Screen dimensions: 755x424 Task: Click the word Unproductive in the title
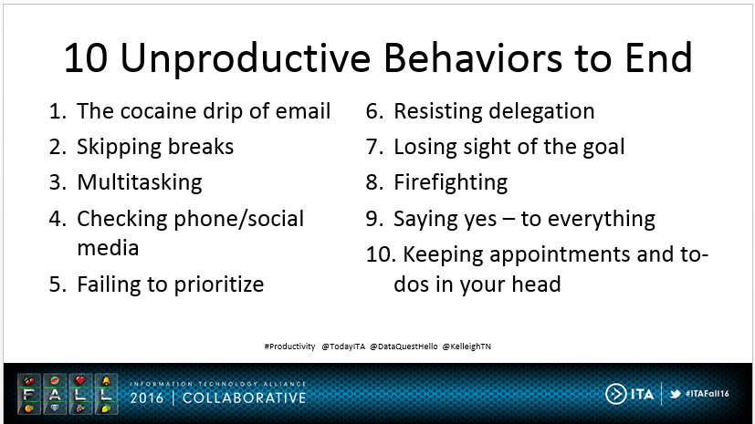[x=246, y=59]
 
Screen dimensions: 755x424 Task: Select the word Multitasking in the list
[x=140, y=183]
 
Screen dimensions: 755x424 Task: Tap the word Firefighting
[x=451, y=183]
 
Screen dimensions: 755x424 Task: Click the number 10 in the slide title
[x=85, y=58]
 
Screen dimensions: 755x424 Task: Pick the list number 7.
[x=373, y=148]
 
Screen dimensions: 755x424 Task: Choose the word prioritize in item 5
[x=218, y=285]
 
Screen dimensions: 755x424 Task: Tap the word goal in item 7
[x=603, y=148]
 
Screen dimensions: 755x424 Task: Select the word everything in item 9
[x=602, y=220]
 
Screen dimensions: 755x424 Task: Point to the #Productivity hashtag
[x=289, y=346]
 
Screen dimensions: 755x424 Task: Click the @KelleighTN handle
[x=467, y=346]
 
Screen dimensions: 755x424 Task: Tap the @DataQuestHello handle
[x=404, y=346]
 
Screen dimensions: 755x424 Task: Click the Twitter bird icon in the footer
[x=675, y=394]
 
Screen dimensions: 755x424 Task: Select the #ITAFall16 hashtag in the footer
[x=707, y=394]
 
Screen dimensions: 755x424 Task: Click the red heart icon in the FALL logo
[x=80, y=380]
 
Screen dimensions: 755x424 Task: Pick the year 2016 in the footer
[x=147, y=398]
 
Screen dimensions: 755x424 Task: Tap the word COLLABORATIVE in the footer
[x=244, y=398]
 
